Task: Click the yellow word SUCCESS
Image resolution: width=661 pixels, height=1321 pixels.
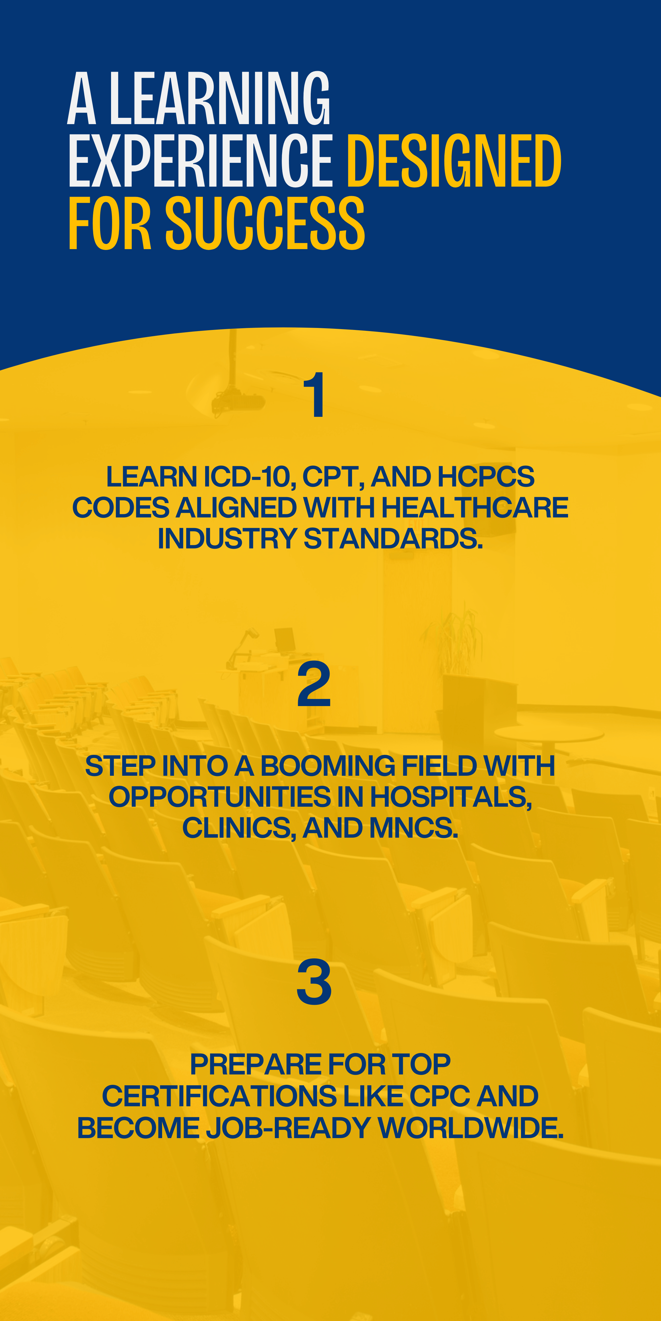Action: pyautogui.click(x=265, y=224)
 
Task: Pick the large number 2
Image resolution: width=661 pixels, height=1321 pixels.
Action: pyautogui.click(x=314, y=685)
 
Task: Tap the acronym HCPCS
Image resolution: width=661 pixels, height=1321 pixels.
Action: pyautogui.click(x=486, y=477)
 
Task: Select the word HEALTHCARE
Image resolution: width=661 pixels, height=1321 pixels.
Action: pyautogui.click(x=475, y=508)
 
